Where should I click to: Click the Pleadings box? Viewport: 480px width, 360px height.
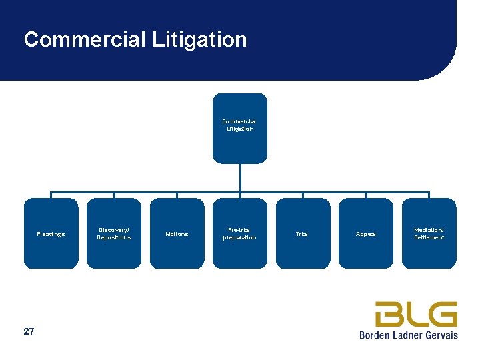click(51, 233)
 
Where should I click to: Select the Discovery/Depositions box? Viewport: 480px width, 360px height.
click(114, 233)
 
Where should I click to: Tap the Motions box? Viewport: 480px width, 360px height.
click(177, 233)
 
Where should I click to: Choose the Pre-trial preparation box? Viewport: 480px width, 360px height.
click(239, 233)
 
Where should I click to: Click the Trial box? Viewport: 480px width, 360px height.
click(303, 233)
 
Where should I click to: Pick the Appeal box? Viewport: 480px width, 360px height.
click(366, 233)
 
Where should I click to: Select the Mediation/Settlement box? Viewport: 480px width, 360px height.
click(429, 233)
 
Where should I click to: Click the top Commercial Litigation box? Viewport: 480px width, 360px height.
click(239, 128)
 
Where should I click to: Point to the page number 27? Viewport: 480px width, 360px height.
click(29, 331)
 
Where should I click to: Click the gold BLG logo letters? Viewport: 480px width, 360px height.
click(416, 314)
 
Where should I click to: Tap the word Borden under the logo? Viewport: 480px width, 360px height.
click(375, 335)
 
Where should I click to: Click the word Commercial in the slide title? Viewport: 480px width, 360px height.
click(84, 40)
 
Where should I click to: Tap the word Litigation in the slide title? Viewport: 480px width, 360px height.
click(199, 40)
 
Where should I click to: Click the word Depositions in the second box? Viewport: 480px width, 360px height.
click(114, 237)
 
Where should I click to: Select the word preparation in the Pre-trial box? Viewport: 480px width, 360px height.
click(239, 237)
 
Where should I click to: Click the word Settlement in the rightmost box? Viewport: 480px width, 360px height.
click(429, 237)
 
